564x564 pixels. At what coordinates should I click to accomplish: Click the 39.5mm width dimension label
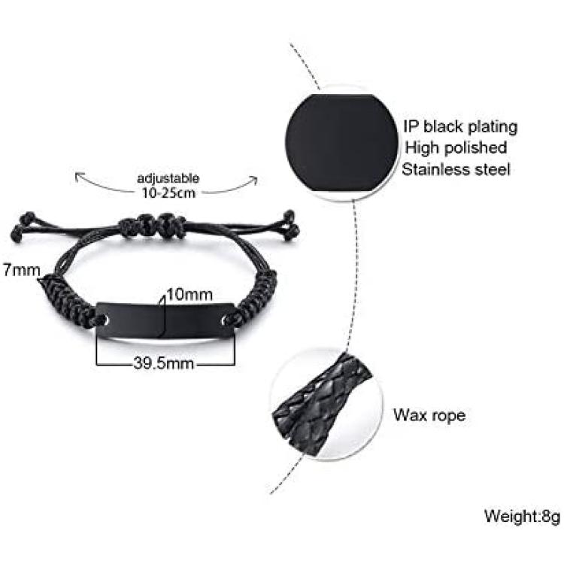[x=164, y=363]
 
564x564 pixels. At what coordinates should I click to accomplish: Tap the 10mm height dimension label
[x=190, y=295]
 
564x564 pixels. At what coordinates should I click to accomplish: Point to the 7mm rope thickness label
[x=22, y=270]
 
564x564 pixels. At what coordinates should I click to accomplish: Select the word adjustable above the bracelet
[x=168, y=178]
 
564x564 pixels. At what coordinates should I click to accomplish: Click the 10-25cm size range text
[x=168, y=193]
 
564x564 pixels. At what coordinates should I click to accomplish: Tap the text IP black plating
[x=460, y=127]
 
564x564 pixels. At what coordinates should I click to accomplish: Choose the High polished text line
[x=456, y=147]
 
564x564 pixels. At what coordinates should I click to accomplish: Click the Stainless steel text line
[x=456, y=169]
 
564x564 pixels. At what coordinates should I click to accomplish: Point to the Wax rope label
[x=429, y=415]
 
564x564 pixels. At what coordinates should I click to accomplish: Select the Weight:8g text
[x=523, y=516]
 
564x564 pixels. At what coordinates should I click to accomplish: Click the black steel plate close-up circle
[x=342, y=143]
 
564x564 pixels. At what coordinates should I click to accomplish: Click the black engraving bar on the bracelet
[x=166, y=320]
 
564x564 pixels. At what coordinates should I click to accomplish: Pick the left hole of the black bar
[x=105, y=319]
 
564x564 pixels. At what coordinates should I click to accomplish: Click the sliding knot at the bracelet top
[x=151, y=225]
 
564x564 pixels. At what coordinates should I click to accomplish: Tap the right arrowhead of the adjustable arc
[x=255, y=180]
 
